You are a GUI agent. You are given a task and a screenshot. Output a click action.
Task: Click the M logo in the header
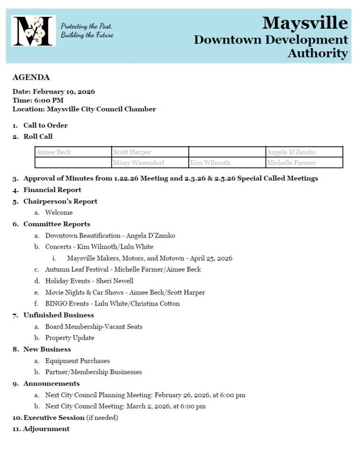[33, 31]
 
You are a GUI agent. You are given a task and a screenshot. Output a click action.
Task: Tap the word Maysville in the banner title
[304, 23]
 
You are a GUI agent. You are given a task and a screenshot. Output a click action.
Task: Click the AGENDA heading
[31, 77]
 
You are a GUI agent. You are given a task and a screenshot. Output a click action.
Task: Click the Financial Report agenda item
[52, 190]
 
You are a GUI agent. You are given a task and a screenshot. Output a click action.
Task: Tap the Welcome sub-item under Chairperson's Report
[59, 212]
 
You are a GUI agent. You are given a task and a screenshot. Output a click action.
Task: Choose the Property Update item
[69, 338]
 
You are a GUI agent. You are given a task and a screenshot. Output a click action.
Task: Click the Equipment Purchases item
[77, 361]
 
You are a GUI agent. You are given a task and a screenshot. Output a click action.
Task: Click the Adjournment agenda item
[46, 429]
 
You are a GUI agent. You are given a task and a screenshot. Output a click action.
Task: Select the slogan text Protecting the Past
[87, 26]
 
